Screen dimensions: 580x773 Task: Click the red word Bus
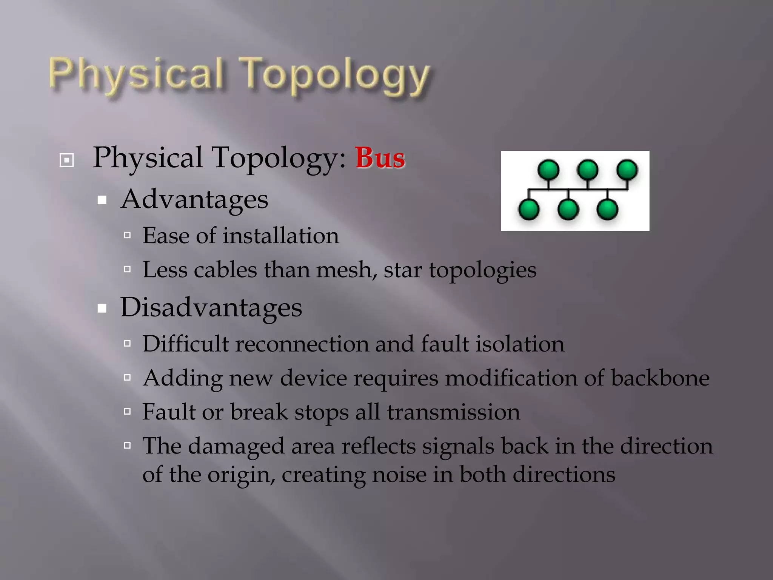pyautogui.click(x=380, y=158)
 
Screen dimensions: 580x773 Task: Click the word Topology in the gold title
pyautogui.click(x=335, y=76)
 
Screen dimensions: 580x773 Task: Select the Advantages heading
pyautogui.click(x=194, y=199)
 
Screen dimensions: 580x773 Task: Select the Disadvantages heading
pyautogui.click(x=211, y=307)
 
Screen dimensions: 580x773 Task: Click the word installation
pyautogui.click(x=281, y=236)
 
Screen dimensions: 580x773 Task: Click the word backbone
pyautogui.click(x=660, y=378)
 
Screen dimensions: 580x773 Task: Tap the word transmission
pyautogui.click(x=453, y=412)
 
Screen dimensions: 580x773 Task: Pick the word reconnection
pyautogui.click(x=302, y=344)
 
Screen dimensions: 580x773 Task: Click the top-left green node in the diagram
pyautogui.click(x=548, y=170)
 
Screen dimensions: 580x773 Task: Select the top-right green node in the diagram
pyautogui.click(x=627, y=170)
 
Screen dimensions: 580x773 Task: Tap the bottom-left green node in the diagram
pyautogui.click(x=529, y=210)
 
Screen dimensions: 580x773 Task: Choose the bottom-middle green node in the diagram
pyautogui.click(x=568, y=210)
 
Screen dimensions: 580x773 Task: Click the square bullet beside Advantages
pyautogui.click(x=102, y=200)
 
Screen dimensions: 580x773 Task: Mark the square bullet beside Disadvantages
pyautogui.click(x=102, y=309)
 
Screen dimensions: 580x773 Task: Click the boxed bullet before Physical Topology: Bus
pyautogui.click(x=67, y=160)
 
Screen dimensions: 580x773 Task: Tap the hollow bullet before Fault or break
pyautogui.click(x=127, y=412)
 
